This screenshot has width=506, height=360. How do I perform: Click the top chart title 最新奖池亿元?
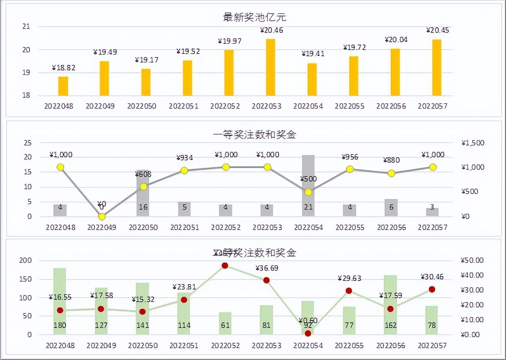coord(255,17)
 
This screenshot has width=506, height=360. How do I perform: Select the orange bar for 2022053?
coord(270,67)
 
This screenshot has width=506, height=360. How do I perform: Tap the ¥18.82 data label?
coord(63,68)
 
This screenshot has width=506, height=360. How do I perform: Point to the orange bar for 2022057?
coord(437,68)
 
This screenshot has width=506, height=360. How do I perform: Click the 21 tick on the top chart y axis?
coord(26,27)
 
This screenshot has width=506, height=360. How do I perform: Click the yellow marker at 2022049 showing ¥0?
coord(102,216)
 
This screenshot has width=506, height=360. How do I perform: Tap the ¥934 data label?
coord(185,158)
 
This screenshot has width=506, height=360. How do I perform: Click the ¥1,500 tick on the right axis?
coord(473,143)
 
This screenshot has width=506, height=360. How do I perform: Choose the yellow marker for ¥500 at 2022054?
coord(308,192)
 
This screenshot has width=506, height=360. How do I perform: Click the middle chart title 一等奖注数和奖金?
coord(255,135)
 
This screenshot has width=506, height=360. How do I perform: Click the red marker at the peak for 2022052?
coord(225,266)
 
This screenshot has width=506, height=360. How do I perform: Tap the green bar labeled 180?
coord(60,301)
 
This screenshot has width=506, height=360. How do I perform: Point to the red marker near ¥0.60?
coord(308,333)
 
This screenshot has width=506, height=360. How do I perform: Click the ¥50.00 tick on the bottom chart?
coord(472,260)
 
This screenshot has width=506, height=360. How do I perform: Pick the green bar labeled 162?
coord(390,305)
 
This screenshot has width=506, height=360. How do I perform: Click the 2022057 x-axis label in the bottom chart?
coord(432,346)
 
